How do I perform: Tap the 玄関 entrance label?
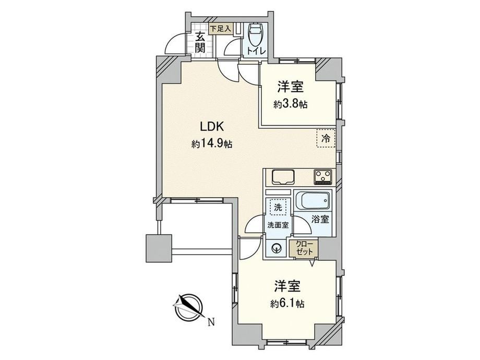click(x=200, y=43)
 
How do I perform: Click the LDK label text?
click(x=213, y=126)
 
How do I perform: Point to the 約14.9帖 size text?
click(x=212, y=143)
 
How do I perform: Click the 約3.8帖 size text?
click(x=291, y=104)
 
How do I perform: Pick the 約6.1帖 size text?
click(x=287, y=304)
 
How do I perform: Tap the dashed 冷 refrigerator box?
click(x=326, y=138)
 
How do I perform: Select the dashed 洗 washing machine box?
click(x=278, y=208)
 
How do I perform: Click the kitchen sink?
click(x=283, y=177)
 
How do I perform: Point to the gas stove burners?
click(x=323, y=177)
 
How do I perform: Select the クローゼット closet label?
click(x=305, y=248)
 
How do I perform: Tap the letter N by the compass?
click(x=211, y=322)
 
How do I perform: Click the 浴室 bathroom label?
click(x=320, y=219)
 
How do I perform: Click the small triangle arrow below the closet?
click(x=313, y=263)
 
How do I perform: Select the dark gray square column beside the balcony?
click(x=159, y=248)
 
